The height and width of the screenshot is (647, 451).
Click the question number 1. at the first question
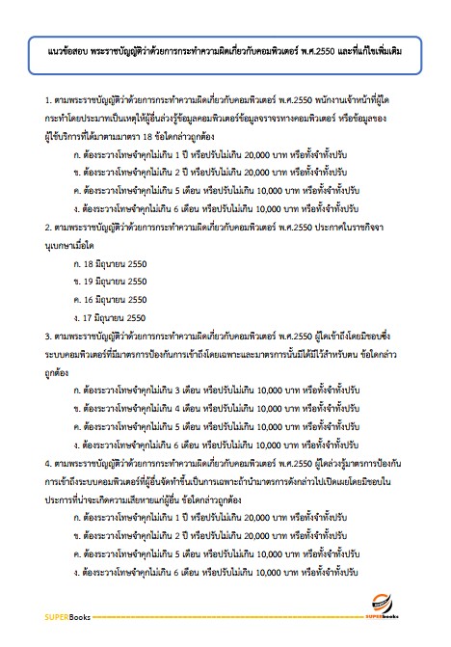point(48,99)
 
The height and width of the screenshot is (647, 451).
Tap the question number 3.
point(48,336)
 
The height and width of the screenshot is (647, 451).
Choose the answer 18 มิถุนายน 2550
point(119,262)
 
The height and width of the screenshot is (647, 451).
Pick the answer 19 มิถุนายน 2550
point(119,281)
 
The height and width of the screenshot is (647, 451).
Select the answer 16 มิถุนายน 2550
point(119,299)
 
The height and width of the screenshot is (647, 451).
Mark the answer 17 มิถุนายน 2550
point(119,317)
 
